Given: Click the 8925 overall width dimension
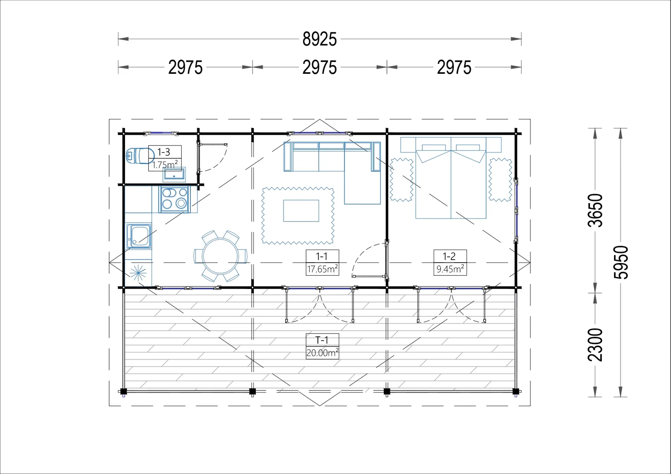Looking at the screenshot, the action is point(320,39).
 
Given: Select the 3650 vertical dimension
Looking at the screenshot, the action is point(595,210).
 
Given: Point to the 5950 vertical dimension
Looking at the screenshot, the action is point(621,263).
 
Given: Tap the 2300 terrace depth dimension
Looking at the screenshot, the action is point(595,345).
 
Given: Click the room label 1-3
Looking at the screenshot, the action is point(164,152).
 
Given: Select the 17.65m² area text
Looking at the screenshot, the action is point(322,269).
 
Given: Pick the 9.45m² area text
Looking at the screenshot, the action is point(450,269).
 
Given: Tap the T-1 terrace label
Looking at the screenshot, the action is point(322,340).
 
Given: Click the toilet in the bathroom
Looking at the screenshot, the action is point(140,156).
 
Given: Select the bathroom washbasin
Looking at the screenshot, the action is point(174,174).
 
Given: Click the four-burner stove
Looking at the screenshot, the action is point(174,199).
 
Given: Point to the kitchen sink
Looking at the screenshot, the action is point(139,236).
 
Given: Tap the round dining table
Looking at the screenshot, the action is point(221,256).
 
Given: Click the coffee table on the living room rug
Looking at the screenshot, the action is point(301,211).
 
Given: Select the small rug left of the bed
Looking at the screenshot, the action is point(402,180).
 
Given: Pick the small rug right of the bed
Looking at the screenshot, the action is point(500,180).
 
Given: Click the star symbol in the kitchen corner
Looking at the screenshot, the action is point(138,273).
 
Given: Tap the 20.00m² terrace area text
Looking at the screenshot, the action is point(322,353).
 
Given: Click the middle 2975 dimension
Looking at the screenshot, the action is point(320,67).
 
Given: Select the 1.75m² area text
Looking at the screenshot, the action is point(165,164).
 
